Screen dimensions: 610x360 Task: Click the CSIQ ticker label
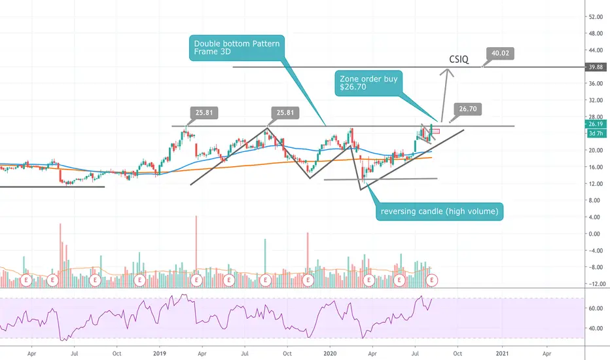pyautogui.click(x=459, y=59)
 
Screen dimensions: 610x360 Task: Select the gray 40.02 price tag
pyautogui.click(x=500, y=53)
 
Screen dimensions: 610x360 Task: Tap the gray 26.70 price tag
pyautogui.click(x=467, y=109)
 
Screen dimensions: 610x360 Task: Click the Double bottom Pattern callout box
pyautogui.click(x=237, y=48)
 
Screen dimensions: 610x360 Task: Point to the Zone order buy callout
pyautogui.click(x=368, y=83)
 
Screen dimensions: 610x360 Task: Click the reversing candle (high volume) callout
pyautogui.click(x=439, y=211)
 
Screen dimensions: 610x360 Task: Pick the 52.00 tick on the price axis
pyautogui.click(x=595, y=17)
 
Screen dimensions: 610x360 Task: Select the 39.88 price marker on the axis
pyautogui.click(x=596, y=67)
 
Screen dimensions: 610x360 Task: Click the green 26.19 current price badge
pyautogui.click(x=596, y=124)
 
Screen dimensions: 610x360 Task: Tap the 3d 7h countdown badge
pyautogui.click(x=596, y=133)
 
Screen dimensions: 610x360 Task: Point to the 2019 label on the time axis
pyautogui.click(x=160, y=353)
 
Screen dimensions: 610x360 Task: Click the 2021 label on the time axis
pyautogui.click(x=502, y=353)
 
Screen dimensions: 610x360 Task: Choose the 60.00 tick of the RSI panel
pyautogui.click(x=595, y=308)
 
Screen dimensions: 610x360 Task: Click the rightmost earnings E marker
pyautogui.click(x=432, y=280)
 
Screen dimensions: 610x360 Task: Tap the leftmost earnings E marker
pyautogui.click(x=26, y=280)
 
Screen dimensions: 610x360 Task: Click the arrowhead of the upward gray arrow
pyautogui.click(x=448, y=70)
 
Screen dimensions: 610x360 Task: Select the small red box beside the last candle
pyautogui.click(x=435, y=131)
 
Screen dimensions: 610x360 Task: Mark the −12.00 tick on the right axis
pyautogui.click(x=595, y=283)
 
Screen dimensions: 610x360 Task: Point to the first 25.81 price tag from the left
pyautogui.click(x=204, y=113)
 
